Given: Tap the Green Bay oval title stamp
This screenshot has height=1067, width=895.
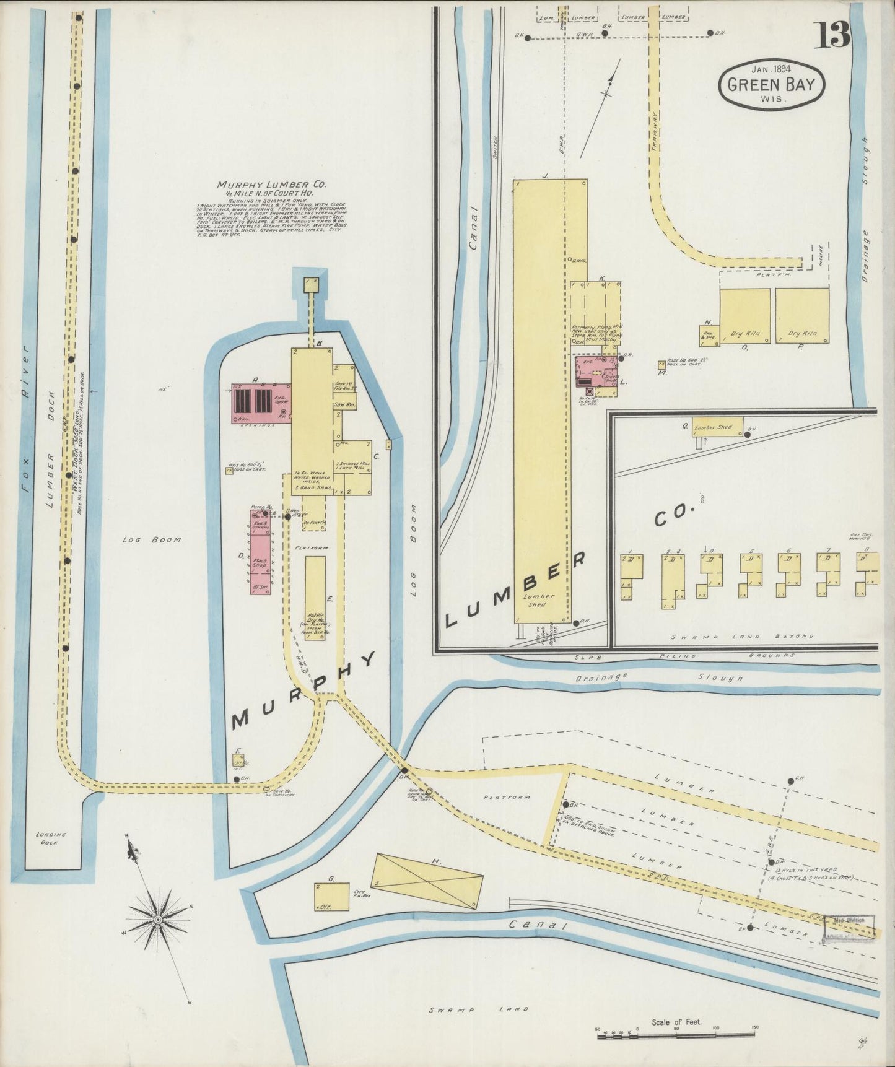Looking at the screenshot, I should pos(771,86).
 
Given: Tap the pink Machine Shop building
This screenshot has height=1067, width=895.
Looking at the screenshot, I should pos(261,552).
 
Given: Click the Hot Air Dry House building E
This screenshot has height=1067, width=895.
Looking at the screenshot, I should pos(315,598).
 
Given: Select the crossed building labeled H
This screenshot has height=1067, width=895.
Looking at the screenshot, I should pos(427,881).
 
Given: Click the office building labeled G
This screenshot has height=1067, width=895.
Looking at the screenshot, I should pos(331,897).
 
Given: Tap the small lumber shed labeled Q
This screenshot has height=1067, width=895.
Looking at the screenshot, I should pos(717,427).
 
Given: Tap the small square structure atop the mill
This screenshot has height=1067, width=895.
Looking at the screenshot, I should pos(311,284).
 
